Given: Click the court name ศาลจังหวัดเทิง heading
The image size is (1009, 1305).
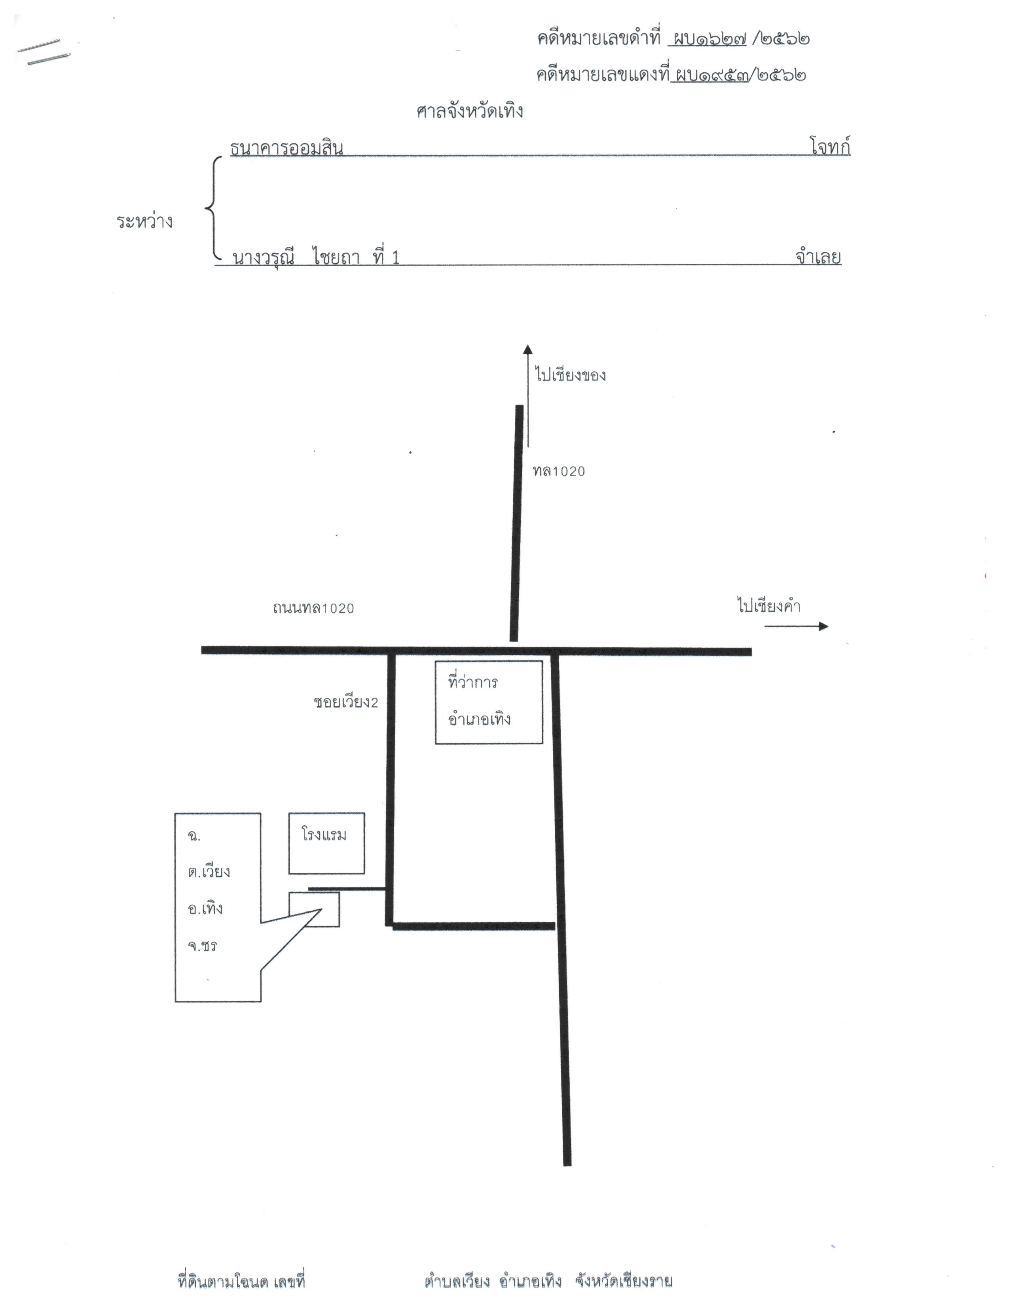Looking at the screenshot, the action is pyautogui.click(x=470, y=111).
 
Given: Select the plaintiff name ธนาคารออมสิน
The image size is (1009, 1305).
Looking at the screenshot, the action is pyautogui.click(x=287, y=148).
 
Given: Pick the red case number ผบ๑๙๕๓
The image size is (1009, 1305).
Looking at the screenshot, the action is pyautogui.click(x=711, y=75).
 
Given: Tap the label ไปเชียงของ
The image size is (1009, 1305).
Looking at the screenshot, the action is pyautogui.click(x=570, y=374).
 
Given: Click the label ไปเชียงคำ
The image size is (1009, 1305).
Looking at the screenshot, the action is pyautogui.click(x=769, y=605).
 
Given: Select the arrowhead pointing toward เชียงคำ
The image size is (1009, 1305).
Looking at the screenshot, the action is pyautogui.click(x=824, y=626).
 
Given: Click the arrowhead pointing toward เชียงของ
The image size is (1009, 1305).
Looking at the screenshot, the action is pyautogui.click(x=528, y=350).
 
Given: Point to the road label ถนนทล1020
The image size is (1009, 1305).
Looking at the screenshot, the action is pyautogui.click(x=313, y=608).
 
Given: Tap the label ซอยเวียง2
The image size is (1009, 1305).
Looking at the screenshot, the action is pyautogui.click(x=346, y=702).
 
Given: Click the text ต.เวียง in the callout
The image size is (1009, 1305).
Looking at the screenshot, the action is pyautogui.click(x=209, y=871).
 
